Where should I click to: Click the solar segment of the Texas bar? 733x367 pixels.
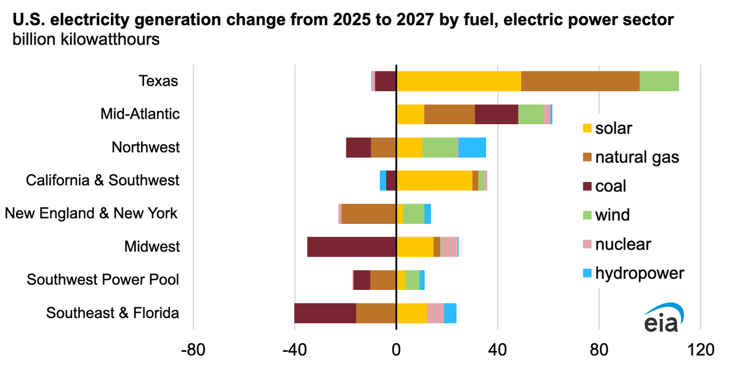(459, 81)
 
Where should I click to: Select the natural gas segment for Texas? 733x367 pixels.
(580, 81)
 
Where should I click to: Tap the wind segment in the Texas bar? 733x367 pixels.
(659, 81)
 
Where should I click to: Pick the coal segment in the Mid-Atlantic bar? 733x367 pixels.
(497, 114)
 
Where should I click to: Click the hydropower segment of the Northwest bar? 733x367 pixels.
(472, 147)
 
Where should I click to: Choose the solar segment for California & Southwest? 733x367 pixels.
(434, 180)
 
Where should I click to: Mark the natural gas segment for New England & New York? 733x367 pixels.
(368, 213)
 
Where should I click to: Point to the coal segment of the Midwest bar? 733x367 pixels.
(351, 247)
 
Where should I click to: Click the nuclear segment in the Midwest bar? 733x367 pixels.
(450, 247)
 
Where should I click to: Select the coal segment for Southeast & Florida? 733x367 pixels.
(325, 313)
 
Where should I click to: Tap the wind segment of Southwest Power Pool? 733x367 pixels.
(412, 280)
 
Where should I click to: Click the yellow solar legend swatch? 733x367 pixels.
(588, 128)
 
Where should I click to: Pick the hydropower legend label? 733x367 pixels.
(640, 273)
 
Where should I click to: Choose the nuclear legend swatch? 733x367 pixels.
(588, 244)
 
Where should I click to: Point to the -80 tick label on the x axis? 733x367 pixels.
(193, 350)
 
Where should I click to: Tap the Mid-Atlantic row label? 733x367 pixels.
(140, 114)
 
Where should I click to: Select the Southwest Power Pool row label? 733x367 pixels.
(103, 280)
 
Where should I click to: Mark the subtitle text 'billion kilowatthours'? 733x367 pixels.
(86, 39)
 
